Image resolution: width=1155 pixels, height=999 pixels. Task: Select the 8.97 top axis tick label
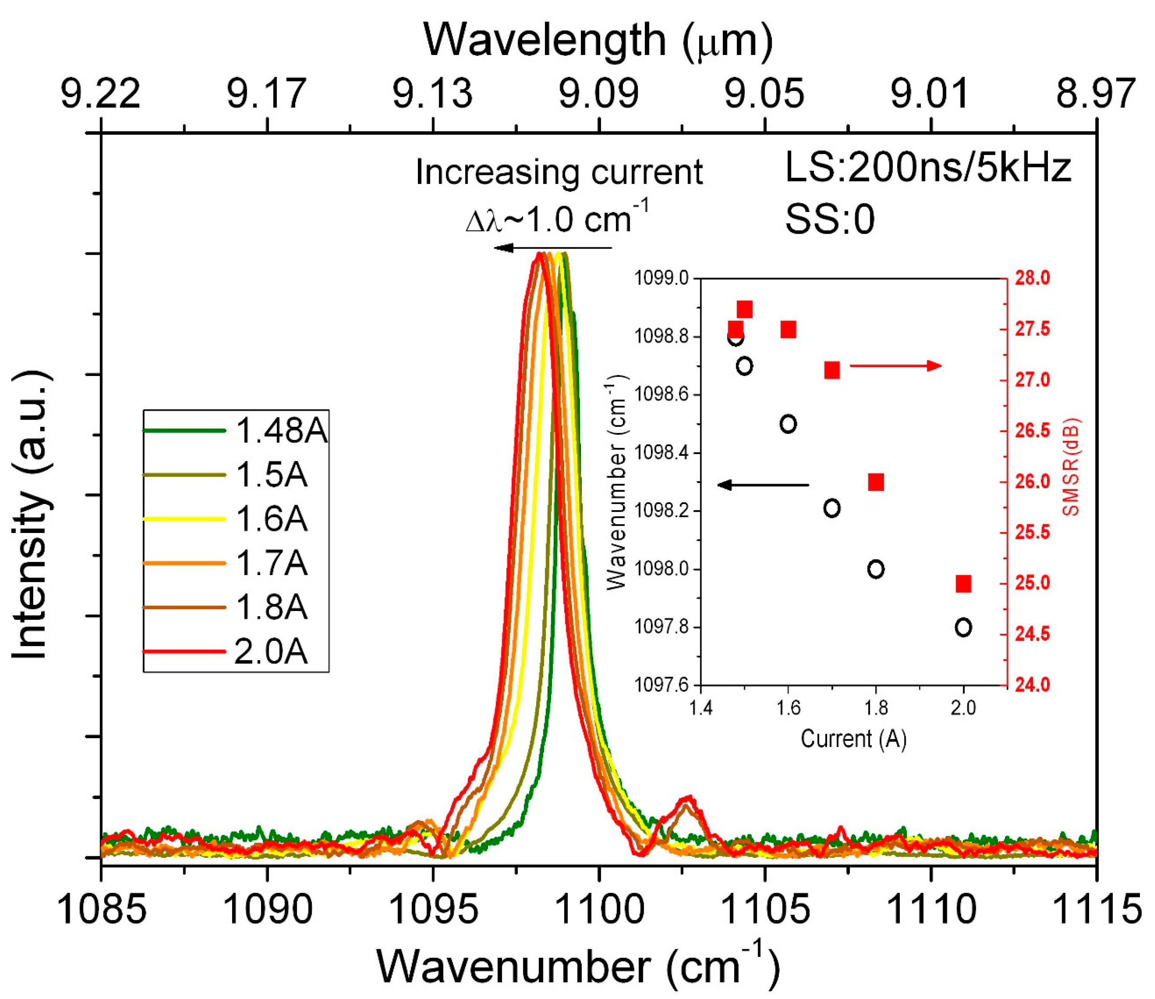(x=1095, y=94)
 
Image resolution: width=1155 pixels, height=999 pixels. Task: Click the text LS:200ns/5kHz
(x=927, y=167)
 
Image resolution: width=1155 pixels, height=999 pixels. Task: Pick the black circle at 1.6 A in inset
(x=788, y=424)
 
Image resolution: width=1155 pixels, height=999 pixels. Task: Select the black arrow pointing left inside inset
(x=762, y=485)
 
